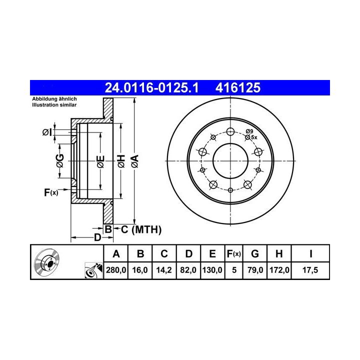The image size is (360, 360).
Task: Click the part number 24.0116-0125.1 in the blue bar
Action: tap(151, 87)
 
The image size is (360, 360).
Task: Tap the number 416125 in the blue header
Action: tap(238, 87)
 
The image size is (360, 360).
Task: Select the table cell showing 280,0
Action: tap(116, 270)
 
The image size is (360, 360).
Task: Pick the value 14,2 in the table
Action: tap(164, 270)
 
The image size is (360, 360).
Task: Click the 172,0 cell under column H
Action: tap(279, 270)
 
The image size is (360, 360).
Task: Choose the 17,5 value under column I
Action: tap(310, 270)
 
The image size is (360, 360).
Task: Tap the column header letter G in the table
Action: tap(255, 254)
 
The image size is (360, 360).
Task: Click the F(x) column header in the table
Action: tap(233, 254)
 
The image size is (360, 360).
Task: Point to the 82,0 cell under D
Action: tap(188, 270)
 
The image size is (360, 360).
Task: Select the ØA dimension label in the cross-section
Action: tap(135, 161)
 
